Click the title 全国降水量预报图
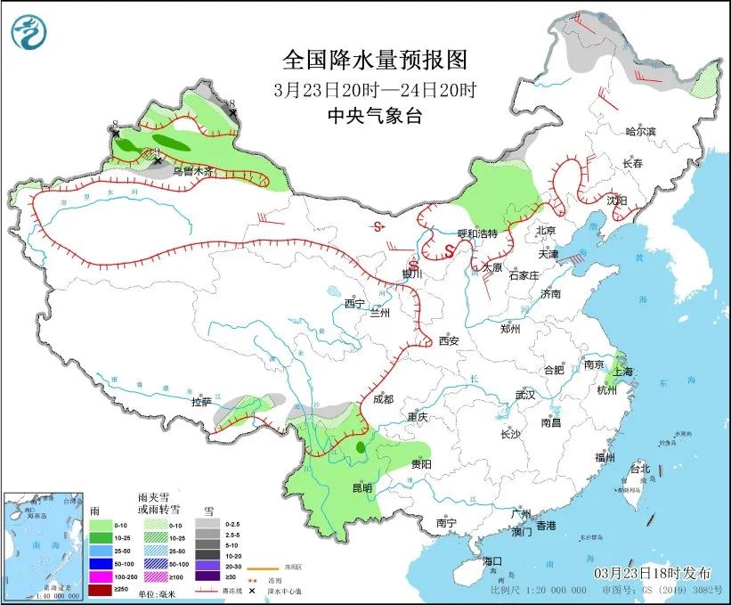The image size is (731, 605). pyautogui.click(x=374, y=60)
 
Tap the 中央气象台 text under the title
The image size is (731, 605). pyautogui.click(x=374, y=115)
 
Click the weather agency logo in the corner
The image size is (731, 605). pyautogui.click(x=29, y=33)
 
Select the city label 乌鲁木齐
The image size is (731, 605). pyautogui.click(x=193, y=171)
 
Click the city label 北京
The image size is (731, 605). pyautogui.click(x=546, y=230)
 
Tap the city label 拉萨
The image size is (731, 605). pyautogui.click(x=201, y=402)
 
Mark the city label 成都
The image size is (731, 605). pyautogui.click(x=384, y=399)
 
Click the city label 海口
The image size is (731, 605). pyautogui.click(x=493, y=561)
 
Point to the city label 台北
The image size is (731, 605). pyautogui.click(x=640, y=468)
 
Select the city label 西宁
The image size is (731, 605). pyautogui.click(x=354, y=304)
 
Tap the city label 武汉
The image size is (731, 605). pyautogui.click(x=524, y=395)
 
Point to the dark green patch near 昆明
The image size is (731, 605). pyautogui.click(x=360, y=448)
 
